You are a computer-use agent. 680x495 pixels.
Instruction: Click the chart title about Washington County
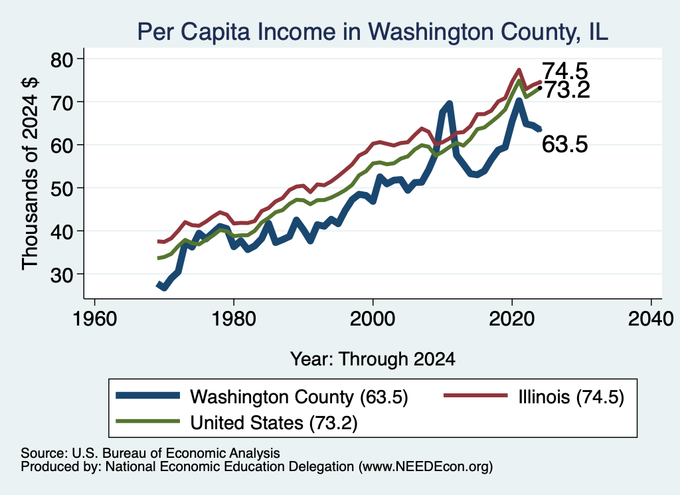(x=373, y=32)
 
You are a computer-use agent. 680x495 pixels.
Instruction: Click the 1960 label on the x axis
(x=95, y=320)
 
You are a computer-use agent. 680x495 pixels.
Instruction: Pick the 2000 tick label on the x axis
(x=373, y=320)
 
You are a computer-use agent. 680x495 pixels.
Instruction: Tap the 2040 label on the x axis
(x=651, y=320)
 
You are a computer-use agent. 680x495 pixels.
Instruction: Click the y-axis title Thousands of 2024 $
(x=30, y=173)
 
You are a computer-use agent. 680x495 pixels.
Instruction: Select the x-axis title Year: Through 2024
(x=373, y=359)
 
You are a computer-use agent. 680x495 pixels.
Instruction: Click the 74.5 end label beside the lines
(x=565, y=70)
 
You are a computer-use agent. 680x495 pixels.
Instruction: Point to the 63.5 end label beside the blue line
(x=565, y=144)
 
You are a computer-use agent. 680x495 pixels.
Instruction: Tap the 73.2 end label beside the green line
(x=567, y=90)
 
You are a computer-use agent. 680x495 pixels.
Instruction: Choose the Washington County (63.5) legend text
(x=299, y=397)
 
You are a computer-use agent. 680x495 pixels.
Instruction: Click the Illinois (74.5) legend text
(x=571, y=397)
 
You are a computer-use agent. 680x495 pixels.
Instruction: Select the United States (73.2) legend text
(x=274, y=423)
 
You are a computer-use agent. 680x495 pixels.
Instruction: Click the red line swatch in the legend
(x=475, y=395)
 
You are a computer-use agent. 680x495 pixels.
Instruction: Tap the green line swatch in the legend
(x=148, y=421)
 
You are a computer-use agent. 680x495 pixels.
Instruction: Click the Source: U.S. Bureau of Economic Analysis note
(x=151, y=453)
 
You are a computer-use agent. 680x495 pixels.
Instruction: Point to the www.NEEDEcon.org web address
(x=426, y=466)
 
